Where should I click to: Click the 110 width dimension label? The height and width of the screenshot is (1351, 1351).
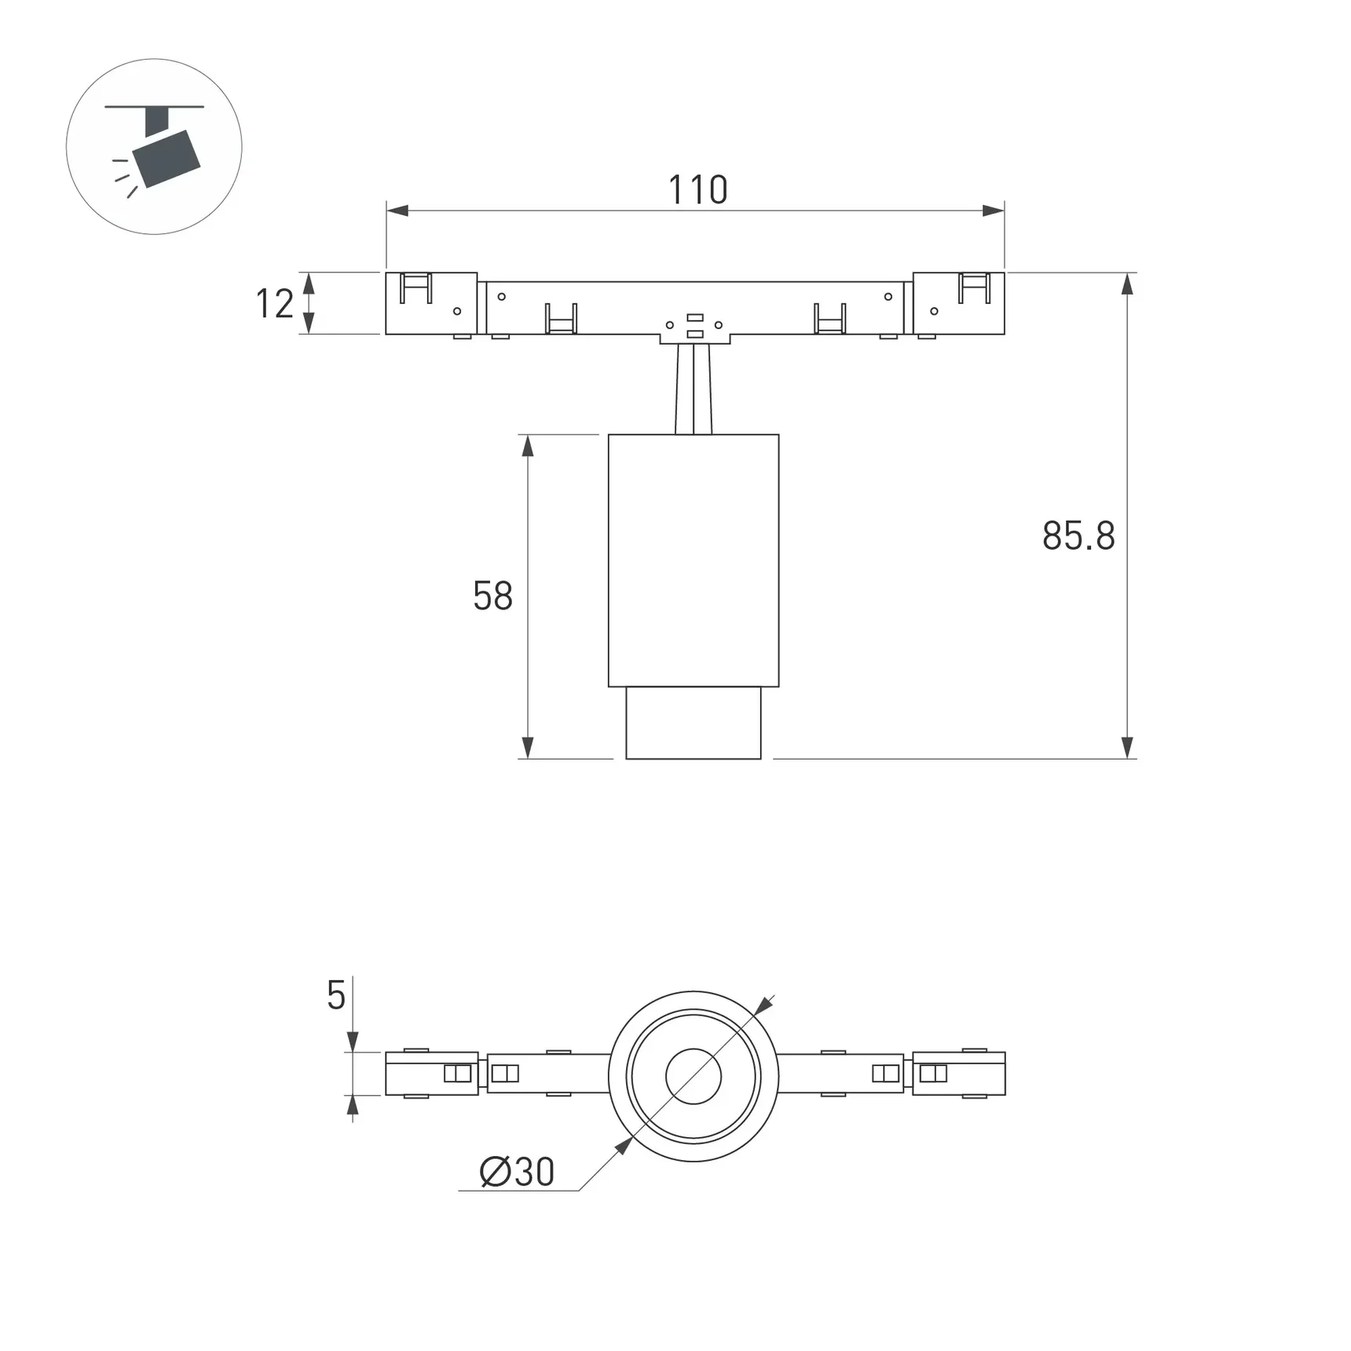tap(697, 190)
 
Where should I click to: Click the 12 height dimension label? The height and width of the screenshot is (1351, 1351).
tap(274, 304)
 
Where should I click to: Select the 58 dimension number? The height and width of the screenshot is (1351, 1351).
tap(492, 596)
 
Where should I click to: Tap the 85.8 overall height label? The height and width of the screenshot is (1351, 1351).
tap(1078, 536)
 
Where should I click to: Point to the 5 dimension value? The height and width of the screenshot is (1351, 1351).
tap(335, 996)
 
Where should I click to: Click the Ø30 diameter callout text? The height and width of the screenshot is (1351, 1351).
tap(517, 1173)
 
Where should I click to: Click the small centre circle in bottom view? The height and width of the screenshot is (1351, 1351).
tap(693, 1076)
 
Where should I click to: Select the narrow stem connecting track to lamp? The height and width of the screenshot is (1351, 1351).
tap(694, 390)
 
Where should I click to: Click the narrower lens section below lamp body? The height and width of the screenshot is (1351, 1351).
tap(693, 723)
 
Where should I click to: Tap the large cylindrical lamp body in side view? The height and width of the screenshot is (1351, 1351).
tap(693, 560)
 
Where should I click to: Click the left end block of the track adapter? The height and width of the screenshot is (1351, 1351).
tap(430, 304)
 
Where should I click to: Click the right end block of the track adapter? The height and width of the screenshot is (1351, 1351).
tap(958, 304)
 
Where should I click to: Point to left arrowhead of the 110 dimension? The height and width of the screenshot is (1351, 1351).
tap(397, 211)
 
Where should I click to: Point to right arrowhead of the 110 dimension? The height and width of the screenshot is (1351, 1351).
tap(994, 211)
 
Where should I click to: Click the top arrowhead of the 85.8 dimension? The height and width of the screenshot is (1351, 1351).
tap(1127, 284)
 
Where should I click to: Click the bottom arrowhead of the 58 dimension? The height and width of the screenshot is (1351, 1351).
tap(528, 748)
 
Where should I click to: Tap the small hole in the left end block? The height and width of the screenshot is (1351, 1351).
tap(457, 311)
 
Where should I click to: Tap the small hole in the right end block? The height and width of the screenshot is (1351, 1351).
tap(934, 311)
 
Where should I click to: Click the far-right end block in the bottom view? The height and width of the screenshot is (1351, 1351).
tap(958, 1074)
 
